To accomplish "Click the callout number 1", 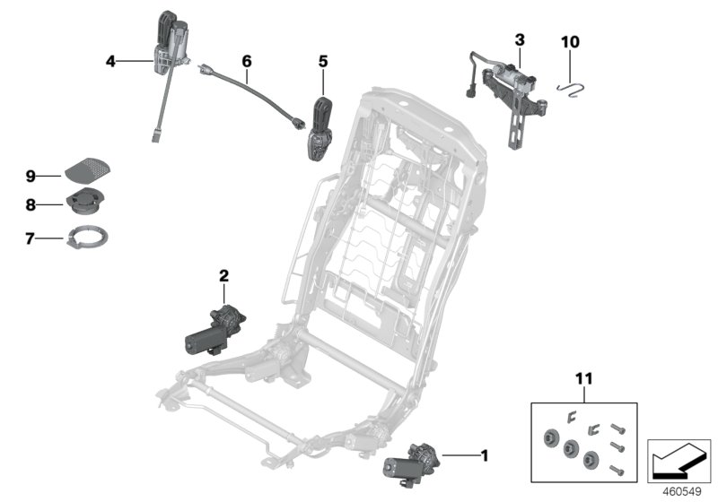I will (x=485, y=455).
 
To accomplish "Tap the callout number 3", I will (x=520, y=40).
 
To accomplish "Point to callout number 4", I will (x=110, y=61).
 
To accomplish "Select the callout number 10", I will (x=571, y=41).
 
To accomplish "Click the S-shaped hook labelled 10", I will (x=571, y=83).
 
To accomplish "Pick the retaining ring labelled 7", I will (x=91, y=238).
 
